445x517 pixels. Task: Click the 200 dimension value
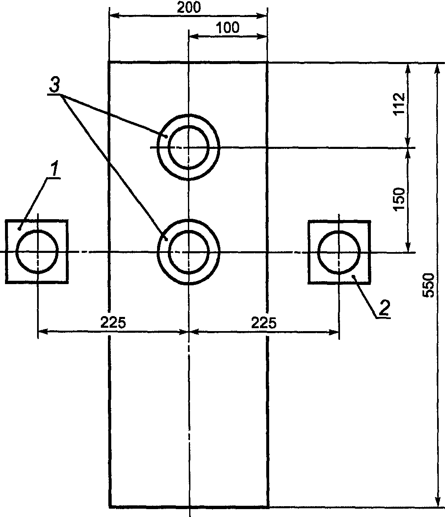pyautogui.click(x=189, y=7)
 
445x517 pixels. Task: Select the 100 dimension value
pyautogui.click(x=228, y=27)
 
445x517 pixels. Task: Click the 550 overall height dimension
pyautogui.click(x=428, y=285)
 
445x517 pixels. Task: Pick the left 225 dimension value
pyautogui.click(x=113, y=323)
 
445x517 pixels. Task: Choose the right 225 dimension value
pyautogui.click(x=264, y=323)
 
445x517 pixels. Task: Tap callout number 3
pyautogui.click(x=55, y=85)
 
